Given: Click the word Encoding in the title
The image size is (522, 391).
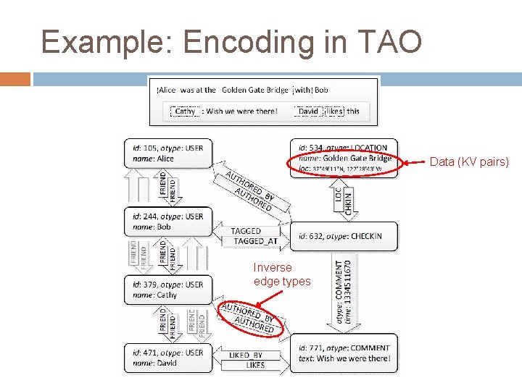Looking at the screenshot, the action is click(241, 42).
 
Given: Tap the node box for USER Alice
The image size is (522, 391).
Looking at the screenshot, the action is click(168, 153).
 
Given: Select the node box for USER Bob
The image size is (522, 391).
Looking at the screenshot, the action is click(168, 222).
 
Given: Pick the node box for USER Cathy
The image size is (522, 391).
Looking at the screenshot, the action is click(168, 290).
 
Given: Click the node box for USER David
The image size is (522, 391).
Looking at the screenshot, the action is click(168, 358).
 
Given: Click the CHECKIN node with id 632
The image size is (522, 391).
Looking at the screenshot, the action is click(344, 236).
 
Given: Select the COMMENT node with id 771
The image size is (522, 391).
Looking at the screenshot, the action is click(344, 353).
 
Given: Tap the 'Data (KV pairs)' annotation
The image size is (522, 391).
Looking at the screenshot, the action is click(469, 162).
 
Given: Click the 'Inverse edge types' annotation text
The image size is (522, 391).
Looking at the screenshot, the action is click(282, 274).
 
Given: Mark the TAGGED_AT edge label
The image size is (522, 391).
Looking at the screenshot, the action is click(255, 241).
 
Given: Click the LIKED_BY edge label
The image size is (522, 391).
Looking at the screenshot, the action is click(246, 356).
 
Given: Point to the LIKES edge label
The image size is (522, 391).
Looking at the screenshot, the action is click(255, 365).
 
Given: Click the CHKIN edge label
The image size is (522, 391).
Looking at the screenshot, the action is click(349, 199).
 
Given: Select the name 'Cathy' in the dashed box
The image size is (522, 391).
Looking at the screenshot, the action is click(186, 112).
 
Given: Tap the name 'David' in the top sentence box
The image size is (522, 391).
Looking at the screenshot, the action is click(308, 112).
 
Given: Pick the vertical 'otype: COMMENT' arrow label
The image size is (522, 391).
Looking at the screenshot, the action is click(339, 293).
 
